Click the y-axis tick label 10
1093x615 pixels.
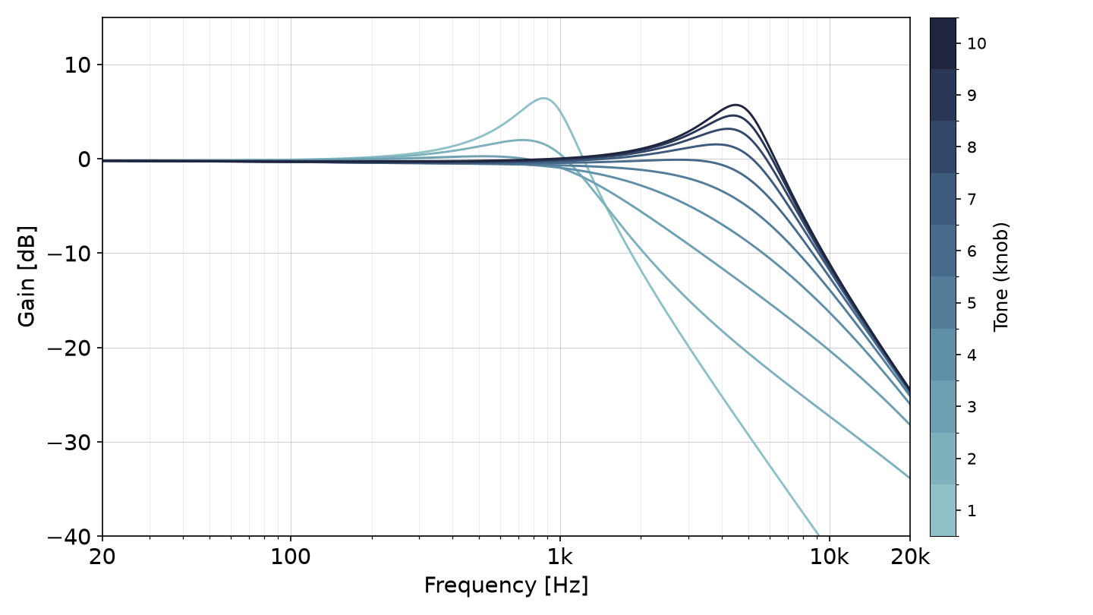pos(77,65)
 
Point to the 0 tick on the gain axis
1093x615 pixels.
pos(84,159)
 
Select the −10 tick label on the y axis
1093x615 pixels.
pos(69,254)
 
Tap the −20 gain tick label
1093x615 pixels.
pos(69,348)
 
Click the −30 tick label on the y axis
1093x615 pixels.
pos(69,442)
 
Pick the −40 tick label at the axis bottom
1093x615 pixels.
pos(69,537)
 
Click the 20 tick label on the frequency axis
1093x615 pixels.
pos(102,557)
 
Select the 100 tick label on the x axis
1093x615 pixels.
pos(291,557)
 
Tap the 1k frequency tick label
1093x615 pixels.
pos(560,557)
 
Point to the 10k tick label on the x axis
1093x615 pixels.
pos(830,557)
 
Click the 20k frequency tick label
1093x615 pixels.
pos(910,557)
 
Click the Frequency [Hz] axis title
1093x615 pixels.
pos(506,585)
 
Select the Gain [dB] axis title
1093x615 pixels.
pos(27,276)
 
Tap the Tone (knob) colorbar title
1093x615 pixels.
pos(1000,276)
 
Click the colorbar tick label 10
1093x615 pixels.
pos(977,44)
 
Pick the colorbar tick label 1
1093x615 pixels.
pos(972,511)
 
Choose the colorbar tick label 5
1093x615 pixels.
pos(972,303)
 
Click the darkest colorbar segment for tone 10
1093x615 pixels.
pos(943,43)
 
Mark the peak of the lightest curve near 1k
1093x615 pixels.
pos(543,99)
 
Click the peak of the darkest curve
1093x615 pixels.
pos(735,105)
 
